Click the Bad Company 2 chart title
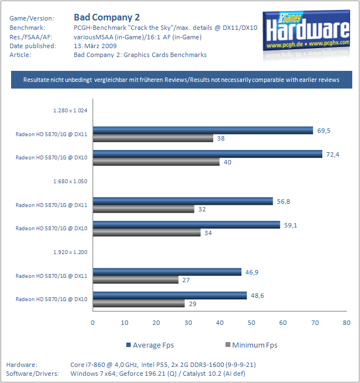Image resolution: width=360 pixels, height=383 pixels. pyautogui.click(x=107, y=17)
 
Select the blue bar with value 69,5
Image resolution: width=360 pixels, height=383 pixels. pyautogui.click(x=203, y=131)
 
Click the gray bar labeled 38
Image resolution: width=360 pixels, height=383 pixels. pyautogui.click(x=153, y=138)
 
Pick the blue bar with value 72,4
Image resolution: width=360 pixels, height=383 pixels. pyautogui.click(x=208, y=154)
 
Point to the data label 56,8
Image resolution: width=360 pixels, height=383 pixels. pyautogui.click(x=283, y=201)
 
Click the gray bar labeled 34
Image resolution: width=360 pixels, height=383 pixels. pyautogui.click(x=147, y=232)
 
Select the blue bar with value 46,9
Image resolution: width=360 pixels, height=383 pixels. pyautogui.click(x=167, y=272)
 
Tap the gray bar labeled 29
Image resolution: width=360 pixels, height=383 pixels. pyautogui.click(x=139, y=303)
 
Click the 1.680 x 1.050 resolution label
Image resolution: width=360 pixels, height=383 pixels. pyautogui.click(x=70, y=181)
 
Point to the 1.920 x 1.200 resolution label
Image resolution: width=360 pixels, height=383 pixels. pyautogui.click(x=70, y=252)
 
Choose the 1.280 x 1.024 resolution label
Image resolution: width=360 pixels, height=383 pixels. pyautogui.click(x=70, y=110)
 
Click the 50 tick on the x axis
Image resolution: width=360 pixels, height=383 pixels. pyautogui.click(x=251, y=323)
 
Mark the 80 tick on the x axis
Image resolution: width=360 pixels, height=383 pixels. pyautogui.click(x=347, y=323)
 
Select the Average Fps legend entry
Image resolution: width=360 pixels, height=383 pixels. pyautogui.click(x=150, y=345)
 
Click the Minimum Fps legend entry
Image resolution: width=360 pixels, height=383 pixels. pyautogui.click(x=251, y=345)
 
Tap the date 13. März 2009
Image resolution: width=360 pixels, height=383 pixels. pyautogui.click(x=95, y=46)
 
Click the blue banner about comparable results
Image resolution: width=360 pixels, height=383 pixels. pyautogui.click(x=182, y=80)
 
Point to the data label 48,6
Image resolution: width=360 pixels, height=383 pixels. pyautogui.click(x=258, y=296)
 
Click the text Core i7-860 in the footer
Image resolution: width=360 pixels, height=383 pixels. pyautogui.click(x=88, y=365)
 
